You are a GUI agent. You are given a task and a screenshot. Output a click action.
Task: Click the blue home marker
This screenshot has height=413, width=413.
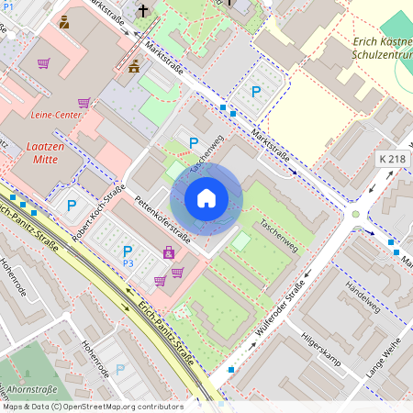pos(206,198)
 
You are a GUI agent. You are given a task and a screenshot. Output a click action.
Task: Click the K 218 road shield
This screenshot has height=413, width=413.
pos(391,160)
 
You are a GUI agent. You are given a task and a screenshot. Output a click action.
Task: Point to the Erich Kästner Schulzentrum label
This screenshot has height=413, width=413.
pos(381,48)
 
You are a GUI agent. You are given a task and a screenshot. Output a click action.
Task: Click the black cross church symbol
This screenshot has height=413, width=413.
pos(142,11)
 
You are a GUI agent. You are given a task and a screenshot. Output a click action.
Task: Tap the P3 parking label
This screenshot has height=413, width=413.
pos(128,263)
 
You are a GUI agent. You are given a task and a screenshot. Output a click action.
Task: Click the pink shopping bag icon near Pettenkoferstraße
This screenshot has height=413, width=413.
pos(169,252)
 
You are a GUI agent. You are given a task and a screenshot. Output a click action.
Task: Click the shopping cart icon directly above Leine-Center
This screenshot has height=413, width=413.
pos(84,103)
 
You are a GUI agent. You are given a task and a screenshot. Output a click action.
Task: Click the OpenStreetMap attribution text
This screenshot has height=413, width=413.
pos(92,406)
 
